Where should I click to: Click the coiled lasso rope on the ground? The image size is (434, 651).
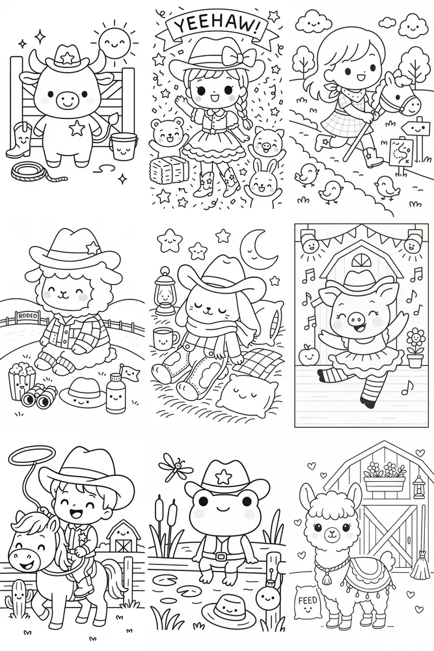36,171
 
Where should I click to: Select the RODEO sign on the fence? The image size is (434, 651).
27,316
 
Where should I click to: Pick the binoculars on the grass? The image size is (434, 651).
40,396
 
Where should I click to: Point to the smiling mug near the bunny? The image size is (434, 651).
165,339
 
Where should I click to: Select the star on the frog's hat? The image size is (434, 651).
225,477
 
